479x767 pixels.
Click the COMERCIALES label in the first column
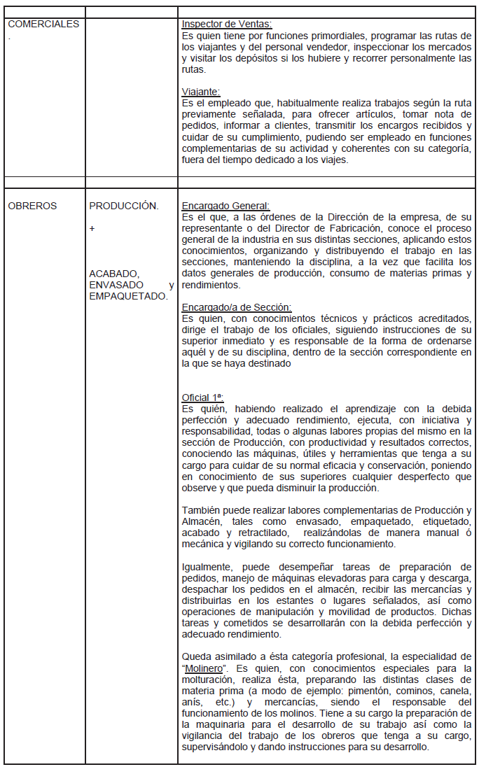coord(43,24)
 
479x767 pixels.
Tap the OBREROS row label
coord(32,206)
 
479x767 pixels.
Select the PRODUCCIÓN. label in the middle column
coord(124,206)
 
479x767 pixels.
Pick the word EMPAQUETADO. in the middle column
coord(129,296)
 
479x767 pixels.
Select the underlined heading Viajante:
coord(201,92)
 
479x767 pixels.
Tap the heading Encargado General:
coord(225,206)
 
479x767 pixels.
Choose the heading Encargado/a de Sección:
coord(237,307)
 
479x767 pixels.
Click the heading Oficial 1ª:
coord(202,397)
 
